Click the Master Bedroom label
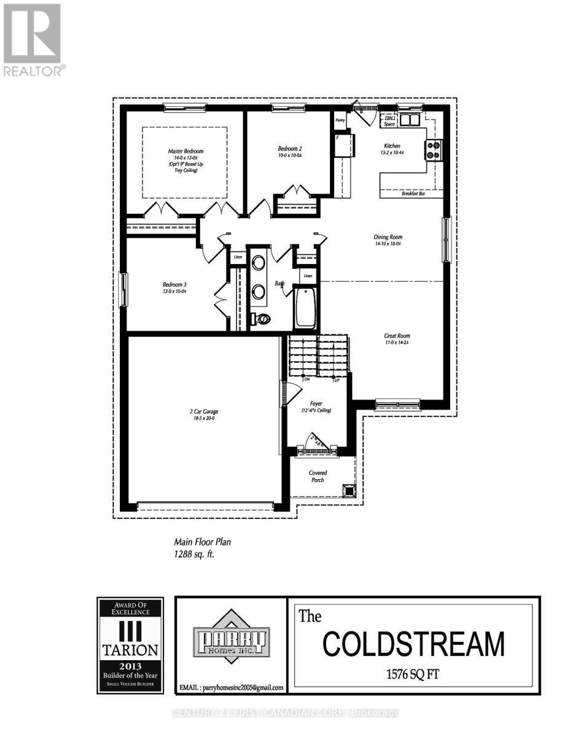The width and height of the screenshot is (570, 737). tap(185, 151)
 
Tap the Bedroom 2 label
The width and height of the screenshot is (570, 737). tap(290, 149)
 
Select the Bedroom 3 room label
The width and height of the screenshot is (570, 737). tap(174, 284)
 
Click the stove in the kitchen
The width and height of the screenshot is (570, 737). tap(433, 150)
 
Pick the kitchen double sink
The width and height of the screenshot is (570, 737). tap(409, 119)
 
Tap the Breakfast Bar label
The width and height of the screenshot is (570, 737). tap(414, 193)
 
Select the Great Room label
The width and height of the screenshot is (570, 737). tap(396, 336)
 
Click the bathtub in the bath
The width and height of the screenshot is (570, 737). tap(305, 308)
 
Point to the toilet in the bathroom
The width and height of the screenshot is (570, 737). tap(262, 319)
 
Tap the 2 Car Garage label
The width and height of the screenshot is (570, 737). tap(203, 411)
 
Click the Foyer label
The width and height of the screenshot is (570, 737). tap(316, 404)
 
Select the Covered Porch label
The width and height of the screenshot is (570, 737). tap(318, 476)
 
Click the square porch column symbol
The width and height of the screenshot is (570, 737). tap(349, 489)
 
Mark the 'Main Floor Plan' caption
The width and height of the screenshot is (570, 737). tap(202, 542)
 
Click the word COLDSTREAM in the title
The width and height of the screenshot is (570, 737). tap(413, 644)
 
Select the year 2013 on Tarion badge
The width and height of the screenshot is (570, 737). tap(130, 665)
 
